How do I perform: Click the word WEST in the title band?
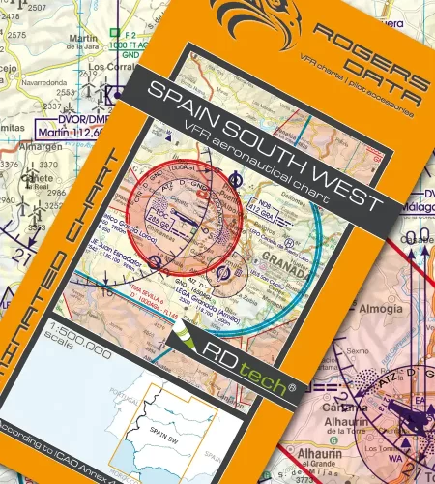pyautogui.click(x=343, y=188)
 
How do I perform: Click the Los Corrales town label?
pyautogui.click(x=106, y=69)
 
